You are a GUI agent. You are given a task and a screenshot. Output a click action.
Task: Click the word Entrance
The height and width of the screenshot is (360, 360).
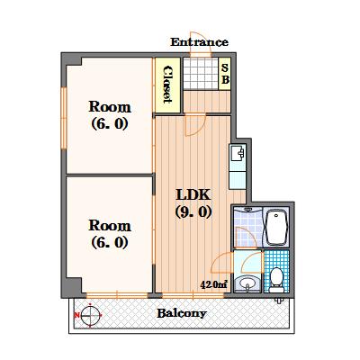pos(200,42)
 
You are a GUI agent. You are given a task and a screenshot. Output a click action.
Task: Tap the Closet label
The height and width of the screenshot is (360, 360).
pos(167,85)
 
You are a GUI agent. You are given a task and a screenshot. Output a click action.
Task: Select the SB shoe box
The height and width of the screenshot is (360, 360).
pos(225,74)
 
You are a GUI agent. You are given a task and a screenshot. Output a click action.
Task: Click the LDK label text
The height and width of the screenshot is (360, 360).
pos(193,194)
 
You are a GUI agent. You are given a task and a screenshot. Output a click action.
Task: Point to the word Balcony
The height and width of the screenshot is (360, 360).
pos(182,313)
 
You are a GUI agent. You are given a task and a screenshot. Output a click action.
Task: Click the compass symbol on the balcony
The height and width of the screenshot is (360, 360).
pos(90,315)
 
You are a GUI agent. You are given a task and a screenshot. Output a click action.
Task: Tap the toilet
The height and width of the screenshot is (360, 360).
pos(276,280)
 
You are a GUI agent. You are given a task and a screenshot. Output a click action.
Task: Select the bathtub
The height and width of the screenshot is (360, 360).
pos(276,227)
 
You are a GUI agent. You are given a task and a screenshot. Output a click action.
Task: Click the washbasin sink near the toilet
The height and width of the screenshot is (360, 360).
pos(247,283)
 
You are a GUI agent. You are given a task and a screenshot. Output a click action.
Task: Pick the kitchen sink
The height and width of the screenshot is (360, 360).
pos(238,154)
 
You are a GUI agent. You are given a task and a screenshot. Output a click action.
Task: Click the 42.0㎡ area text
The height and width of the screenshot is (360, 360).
pos(213,284)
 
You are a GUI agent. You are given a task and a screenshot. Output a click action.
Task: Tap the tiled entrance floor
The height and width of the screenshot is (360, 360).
pos(201,74)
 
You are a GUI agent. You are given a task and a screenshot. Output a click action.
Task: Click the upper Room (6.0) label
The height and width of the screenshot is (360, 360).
pos(110,115)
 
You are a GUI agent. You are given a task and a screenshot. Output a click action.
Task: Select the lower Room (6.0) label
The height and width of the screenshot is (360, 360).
pos(110,234)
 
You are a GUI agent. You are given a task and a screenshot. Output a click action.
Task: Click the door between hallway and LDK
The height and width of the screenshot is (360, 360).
pos(194,125)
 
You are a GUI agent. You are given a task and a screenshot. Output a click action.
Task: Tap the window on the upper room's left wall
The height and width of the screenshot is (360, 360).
pos(64,118)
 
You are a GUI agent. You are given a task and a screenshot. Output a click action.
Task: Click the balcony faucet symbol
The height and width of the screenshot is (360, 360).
pos(279,301)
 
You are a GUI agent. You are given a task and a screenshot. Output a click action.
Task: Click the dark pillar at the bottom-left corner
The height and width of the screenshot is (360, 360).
pos(72,287)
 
